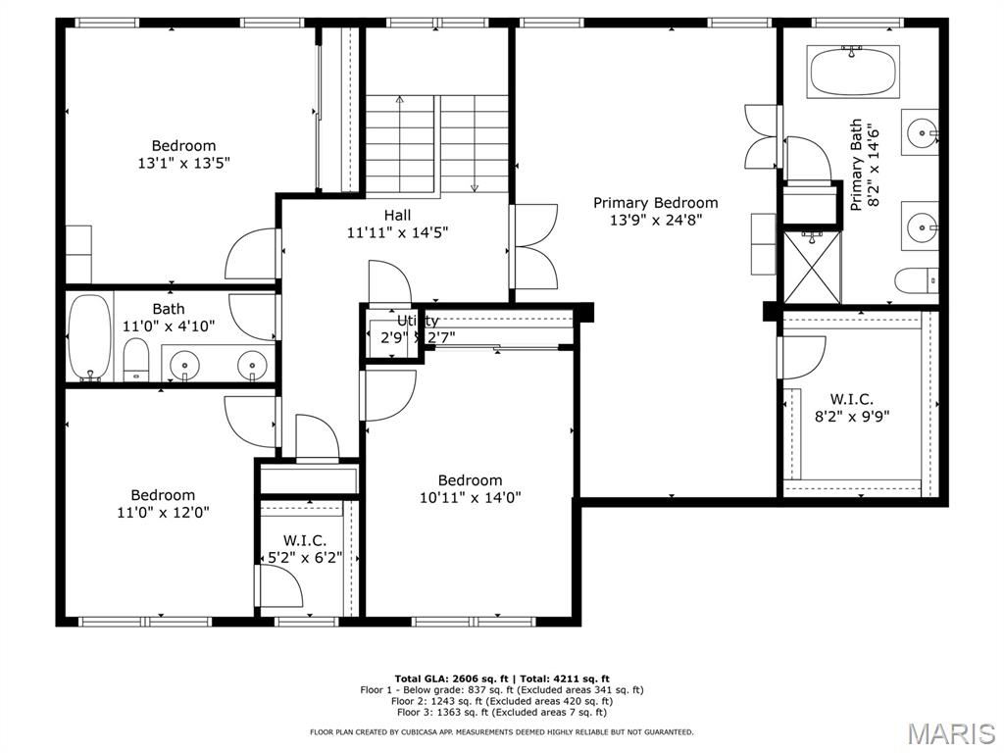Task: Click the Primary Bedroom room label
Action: pyautogui.click(x=656, y=203)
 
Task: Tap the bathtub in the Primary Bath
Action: pyautogui.click(x=853, y=72)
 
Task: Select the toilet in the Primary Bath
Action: pyautogui.click(x=917, y=281)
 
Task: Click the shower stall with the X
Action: pyautogui.click(x=812, y=267)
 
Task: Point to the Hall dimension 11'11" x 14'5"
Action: pyautogui.click(x=398, y=232)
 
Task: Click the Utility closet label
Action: pyautogui.click(x=418, y=321)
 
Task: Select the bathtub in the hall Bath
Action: pyautogui.click(x=89, y=337)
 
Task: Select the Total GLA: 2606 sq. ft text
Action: pyautogui.click(x=451, y=678)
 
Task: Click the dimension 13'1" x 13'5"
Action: pyautogui.click(x=183, y=163)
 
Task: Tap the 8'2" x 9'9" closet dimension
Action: pyautogui.click(x=852, y=417)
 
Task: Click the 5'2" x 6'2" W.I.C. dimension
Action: pyautogui.click(x=305, y=558)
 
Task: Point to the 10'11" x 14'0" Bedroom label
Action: pyautogui.click(x=471, y=497)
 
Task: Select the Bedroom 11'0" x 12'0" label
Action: pyautogui.click(x=164, y=503)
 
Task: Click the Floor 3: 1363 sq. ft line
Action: pyautogui.click(x=501, y=712)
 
